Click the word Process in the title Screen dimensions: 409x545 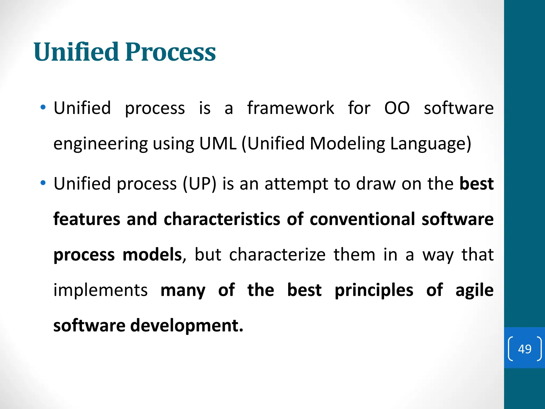(170, 52)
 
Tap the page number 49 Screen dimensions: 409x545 (525, 349)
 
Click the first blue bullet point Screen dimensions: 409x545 (43, 108)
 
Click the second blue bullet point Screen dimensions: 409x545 (43, 183)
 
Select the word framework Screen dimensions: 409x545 (290, 108)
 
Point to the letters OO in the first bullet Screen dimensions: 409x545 (397, 108)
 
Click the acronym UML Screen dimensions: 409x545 (218, 143)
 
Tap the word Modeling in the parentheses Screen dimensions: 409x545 (347, 143)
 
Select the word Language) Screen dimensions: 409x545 (430, 144)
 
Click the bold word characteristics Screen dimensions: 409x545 (222, 219)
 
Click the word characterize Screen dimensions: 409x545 (277, 254)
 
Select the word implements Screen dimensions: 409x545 (101, 290)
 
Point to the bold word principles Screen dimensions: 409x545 (374, 290)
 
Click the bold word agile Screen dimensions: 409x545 (474, 291)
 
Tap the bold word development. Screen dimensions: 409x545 (186, 325)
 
